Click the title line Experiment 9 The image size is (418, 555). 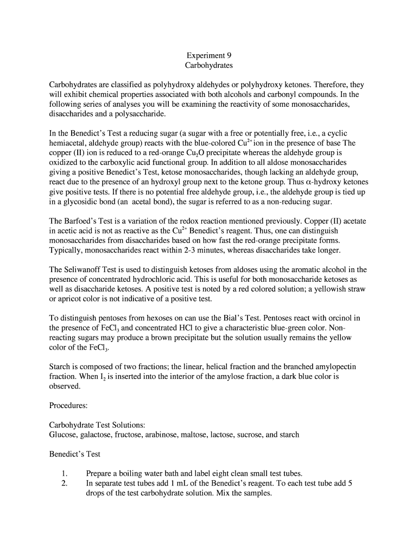point(208,55)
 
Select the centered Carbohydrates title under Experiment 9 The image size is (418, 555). point(208,66)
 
